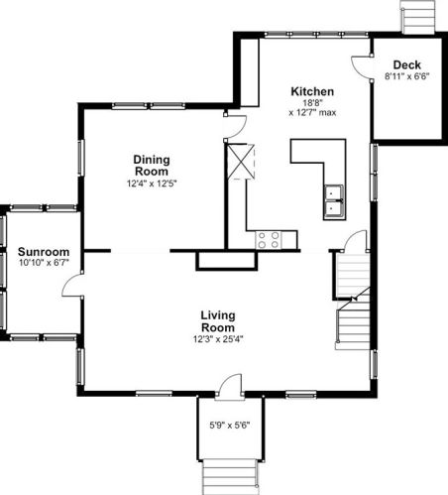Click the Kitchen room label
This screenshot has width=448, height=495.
(x=312, y=91)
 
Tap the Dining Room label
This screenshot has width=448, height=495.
(x=152, y=166)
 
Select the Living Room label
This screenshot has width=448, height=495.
(x=218, y=321)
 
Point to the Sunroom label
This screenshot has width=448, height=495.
(x=44, y=252)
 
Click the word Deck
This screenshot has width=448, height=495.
(x=407, y=64)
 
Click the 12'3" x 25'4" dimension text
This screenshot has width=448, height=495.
(x=218, y=339)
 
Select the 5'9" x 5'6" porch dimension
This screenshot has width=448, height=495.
(x=230, y=425)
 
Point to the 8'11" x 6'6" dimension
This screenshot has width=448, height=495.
(x=407, y=76)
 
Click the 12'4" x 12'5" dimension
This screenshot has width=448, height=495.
(x=152, y=184)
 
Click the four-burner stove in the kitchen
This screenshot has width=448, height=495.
(x=269, y=240)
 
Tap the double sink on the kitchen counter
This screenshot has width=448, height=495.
(x=334, y=202)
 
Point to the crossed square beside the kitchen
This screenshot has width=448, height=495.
(x=241, y=162)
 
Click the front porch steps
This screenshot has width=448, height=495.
(x=230, y=476)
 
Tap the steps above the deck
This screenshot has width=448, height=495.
(x=417, y=17)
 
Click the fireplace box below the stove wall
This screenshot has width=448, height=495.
(x=227, y=261)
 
